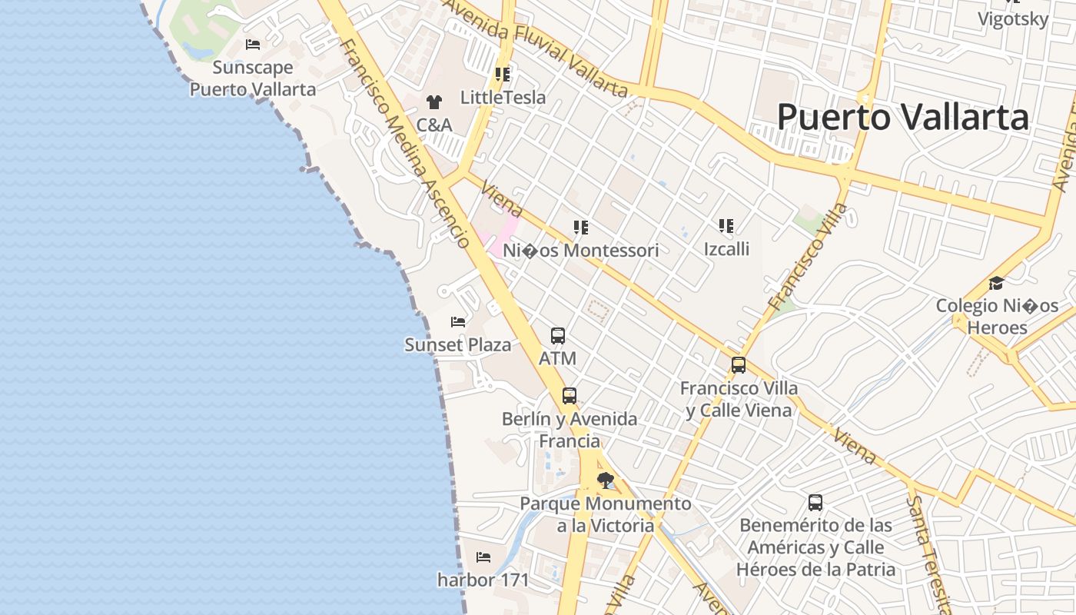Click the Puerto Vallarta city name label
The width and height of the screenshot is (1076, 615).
(902, 118)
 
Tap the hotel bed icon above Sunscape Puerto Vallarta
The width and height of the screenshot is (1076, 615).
(253, 45)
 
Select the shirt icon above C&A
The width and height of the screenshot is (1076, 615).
(434, 101)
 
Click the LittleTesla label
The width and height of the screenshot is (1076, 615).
(503, 98)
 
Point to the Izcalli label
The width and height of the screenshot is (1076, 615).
(726, 249)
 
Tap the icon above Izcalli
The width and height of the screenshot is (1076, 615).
(726, 226)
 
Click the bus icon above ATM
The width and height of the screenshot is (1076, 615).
(558, 336)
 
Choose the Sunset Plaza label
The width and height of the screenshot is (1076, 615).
(457, 345)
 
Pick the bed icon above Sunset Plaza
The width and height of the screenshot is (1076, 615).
(458, 321)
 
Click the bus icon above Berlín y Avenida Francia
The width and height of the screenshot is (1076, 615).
(569, 396)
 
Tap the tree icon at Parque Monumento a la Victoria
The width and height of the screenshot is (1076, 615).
(606, 481)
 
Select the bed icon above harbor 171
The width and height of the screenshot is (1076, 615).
(483, 557)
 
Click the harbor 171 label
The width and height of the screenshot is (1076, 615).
(483, 580)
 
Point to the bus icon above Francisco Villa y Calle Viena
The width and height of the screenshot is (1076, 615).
(739, 365)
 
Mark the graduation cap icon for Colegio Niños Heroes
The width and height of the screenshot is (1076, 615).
(997, 283)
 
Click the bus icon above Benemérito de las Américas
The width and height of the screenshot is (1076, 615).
(815, 503)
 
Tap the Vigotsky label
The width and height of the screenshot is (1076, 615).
(1013, 19)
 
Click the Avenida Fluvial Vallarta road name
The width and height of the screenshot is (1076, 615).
(536, 48)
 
